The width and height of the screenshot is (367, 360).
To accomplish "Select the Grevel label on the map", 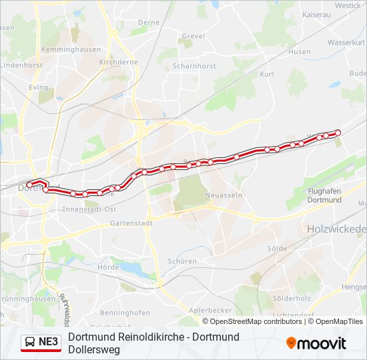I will point(193,35).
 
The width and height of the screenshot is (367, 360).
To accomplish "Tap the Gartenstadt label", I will point(131,223).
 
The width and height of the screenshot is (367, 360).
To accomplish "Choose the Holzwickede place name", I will point(337,229).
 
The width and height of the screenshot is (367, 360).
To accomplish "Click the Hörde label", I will point(108,267).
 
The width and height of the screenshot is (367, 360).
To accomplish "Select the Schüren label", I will point(183,261).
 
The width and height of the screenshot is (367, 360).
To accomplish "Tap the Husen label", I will point(300,51).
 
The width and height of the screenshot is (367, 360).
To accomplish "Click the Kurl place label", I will point(267,74).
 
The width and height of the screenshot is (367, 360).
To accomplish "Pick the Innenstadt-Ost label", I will point(89,209).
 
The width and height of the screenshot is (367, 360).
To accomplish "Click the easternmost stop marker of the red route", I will point(338,132).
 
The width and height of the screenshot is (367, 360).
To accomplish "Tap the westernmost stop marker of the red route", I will point(30,185).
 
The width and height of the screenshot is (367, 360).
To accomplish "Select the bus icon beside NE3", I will point(30,343).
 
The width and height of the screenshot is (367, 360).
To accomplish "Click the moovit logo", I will point(316,343).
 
